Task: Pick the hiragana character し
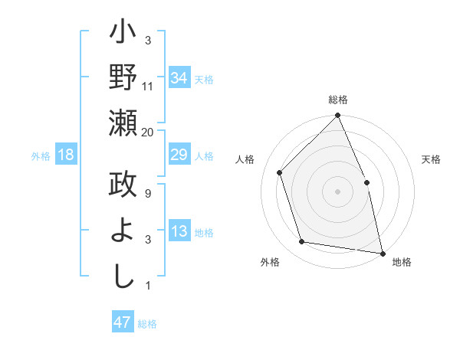tap(123, 274)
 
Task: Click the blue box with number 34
tap(179, 77)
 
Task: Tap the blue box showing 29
tap(179, 155)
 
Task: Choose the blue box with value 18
tap(66, 155)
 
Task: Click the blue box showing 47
tap(123, 322)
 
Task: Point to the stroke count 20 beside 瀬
tap(148, 133)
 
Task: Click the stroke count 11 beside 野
tap(148, 87)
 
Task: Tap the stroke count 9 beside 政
tap(148, 194)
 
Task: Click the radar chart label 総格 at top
tap(338, 100)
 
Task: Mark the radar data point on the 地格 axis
tap(382, 253)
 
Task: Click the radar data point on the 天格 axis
tap(366, 182)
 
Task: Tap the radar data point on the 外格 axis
tap(302, 242)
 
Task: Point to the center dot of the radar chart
tap(337, 191)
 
